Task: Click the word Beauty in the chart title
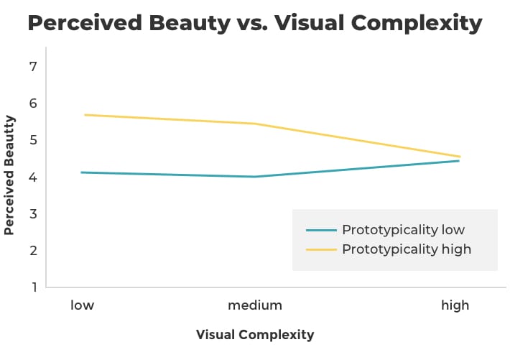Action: [x=190, y=24]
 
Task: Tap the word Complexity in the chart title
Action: [x=417, y=24]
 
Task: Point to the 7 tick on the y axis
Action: [x=33, y=67]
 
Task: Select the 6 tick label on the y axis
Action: [x=33, y=103]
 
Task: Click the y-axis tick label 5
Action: [x=33, y=140]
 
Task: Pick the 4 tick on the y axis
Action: [x=33, y=177]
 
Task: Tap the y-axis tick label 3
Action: [x=33, y=214]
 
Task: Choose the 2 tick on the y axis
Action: [x=33, y=251]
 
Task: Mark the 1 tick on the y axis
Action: [x=34, y=287]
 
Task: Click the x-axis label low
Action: [x=83, y=305]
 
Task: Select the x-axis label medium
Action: [x=255, y=305]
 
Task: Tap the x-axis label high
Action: [x=455, y=305]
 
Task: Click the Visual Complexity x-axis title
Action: [x=255, y=335]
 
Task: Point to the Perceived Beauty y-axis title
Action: [x=9, y=175]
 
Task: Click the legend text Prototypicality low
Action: [x=403, y=230]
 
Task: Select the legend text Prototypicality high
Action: [x=407, y=249]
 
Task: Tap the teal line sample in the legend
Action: [x=321, y=230]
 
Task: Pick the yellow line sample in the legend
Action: [x=321, y=249]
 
